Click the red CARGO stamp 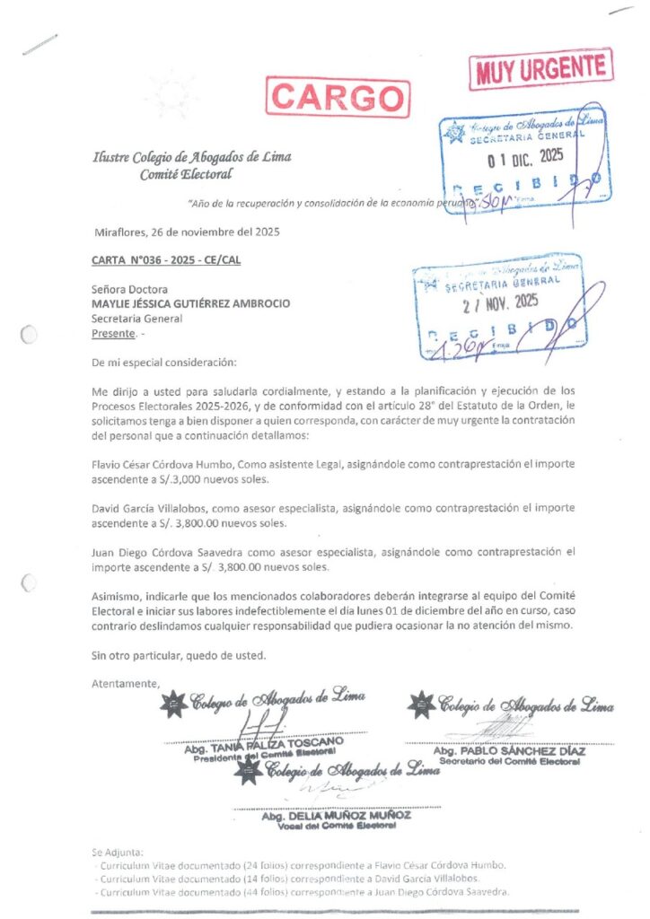tap(338, 97)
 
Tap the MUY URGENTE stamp tap(540, 69)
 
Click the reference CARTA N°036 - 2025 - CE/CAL tap(166, 260)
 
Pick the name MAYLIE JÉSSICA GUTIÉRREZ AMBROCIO tap(190, 303)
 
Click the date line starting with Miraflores tap(187, 232)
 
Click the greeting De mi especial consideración tap(163, 363)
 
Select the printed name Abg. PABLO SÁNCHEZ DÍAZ tap(509, 750)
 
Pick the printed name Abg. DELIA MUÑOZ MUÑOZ tap(336, 816)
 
